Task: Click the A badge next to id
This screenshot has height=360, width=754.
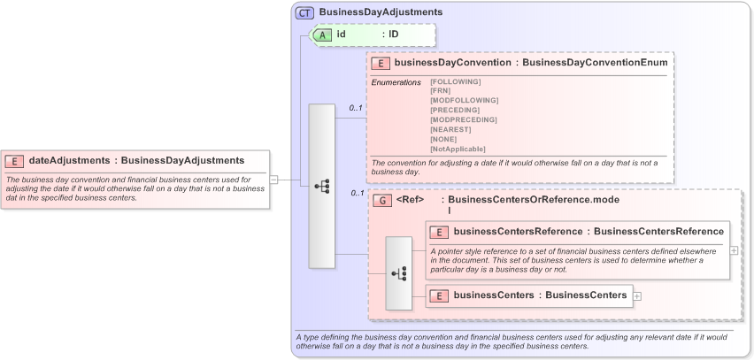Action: pos(324,34)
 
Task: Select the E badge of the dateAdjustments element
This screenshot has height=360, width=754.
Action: pos(15,161)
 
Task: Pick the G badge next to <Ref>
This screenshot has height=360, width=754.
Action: pos(382,201)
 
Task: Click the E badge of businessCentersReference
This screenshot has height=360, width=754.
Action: pos(439,232)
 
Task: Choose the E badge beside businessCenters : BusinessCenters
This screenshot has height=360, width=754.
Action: pos(439,295)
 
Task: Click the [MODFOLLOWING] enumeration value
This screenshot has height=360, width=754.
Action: pos(458,100)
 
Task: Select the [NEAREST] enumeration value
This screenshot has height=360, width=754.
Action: pos(450,129)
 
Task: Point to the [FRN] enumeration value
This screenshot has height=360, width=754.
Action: pos(439,90)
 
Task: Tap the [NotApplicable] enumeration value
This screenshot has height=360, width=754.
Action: pos(458,149)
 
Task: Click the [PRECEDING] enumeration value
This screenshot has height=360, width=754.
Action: pos(453,110)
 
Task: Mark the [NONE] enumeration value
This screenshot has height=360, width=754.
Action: pos(444,139)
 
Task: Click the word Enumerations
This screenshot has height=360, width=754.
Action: pos(396,81)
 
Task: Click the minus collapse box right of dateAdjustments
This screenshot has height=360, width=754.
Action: pos(274,179)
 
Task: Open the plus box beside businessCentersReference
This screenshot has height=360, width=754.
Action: pos(734,250)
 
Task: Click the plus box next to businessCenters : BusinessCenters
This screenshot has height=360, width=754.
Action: pos(637,296)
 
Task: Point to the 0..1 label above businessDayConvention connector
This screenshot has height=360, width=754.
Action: pos(356,108)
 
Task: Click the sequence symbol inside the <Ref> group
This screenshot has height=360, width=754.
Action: pos(399,273)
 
